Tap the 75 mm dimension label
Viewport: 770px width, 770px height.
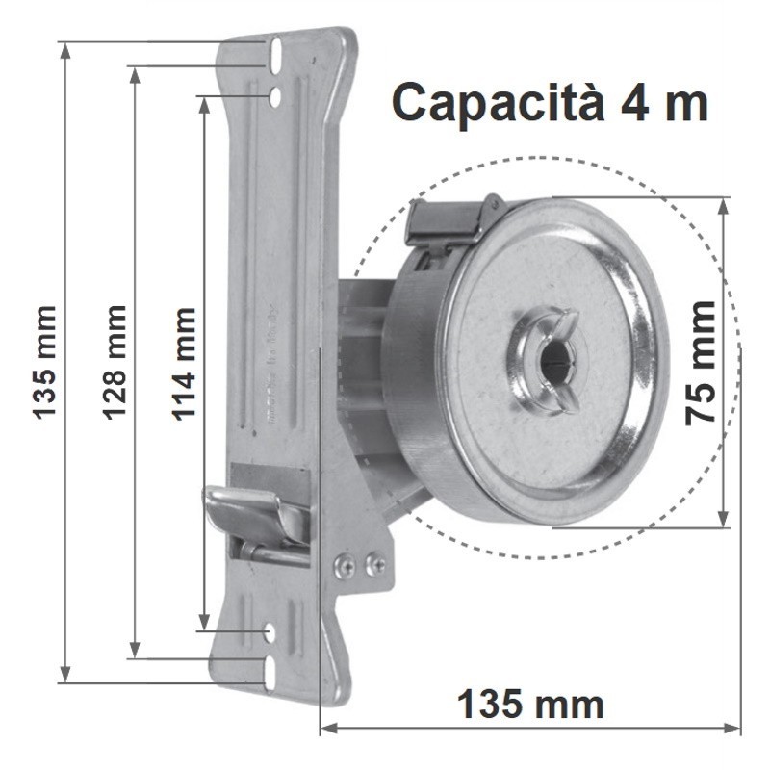[701, 364]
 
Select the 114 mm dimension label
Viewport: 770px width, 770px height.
[183, 364]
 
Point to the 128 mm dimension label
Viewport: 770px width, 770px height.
[114, 363]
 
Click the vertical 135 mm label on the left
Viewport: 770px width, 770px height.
[44, 363]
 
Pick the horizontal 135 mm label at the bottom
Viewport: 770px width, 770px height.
[530, 705]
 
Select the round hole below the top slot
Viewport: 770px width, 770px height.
[275, 96]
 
